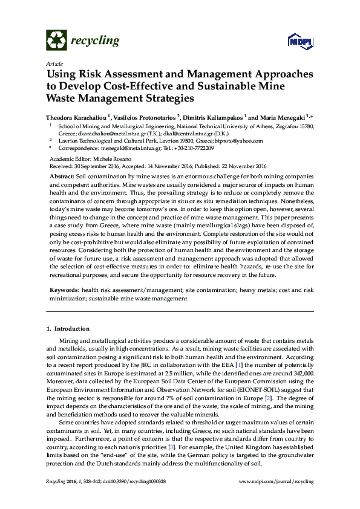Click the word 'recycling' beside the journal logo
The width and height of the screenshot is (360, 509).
[95, 41]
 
